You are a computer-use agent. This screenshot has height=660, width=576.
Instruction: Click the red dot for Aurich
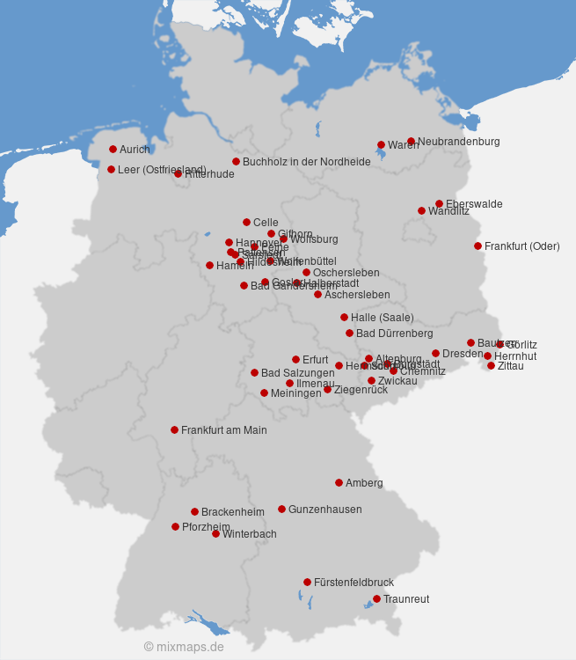[113, 149]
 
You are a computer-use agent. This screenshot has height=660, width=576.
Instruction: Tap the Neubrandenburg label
[458, 142]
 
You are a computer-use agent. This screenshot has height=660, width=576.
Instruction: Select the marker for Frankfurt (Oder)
[478, 246]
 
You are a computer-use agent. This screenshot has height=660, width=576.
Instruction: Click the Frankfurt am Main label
[223, 430]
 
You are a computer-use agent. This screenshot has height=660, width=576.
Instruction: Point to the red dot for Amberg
[339, 482]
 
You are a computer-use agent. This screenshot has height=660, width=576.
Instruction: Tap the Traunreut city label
[406, 599]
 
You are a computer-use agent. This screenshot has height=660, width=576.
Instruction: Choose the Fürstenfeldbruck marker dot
[307, 582]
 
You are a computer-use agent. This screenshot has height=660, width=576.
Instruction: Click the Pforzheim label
[206, 527]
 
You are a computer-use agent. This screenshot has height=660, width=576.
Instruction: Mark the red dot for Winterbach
[215, 533]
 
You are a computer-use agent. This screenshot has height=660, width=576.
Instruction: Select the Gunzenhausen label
[324, 510]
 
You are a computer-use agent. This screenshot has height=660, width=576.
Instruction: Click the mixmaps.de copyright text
[184, 647]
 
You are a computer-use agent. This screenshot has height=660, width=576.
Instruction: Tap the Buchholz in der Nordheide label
[306, 162]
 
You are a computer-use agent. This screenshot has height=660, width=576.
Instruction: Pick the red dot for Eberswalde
[439, 203]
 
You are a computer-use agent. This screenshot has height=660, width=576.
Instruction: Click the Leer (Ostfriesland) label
[162, 170]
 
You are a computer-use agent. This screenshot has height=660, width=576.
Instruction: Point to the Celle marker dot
[246, 222]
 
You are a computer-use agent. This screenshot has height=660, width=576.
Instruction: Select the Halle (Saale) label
[382, 318]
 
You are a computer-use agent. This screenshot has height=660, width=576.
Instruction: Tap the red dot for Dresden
[435, 353]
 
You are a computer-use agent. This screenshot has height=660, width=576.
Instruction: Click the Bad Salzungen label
[297, 373]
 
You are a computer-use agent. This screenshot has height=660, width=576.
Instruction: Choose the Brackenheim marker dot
[194, 511]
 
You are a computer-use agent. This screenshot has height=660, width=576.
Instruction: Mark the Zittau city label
[510, 366]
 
